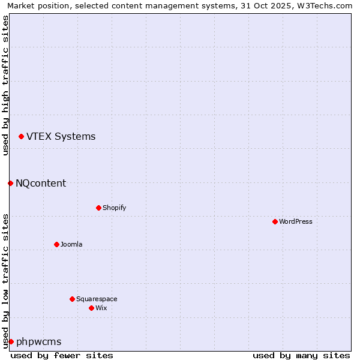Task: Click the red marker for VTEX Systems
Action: [21, 137]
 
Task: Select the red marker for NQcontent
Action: [10, 183]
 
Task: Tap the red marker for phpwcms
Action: [11, 341]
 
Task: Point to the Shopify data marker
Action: [98, 208]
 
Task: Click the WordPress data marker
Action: [275, 221]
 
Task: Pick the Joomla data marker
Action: [56, 244]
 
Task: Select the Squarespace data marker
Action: [72, 299]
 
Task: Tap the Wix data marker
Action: [91, 308]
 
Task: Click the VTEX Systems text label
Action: [61, 136]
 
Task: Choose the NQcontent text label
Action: [41, 183]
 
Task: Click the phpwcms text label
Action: [38, 341]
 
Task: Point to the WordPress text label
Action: [296, 221]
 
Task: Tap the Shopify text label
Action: [114, 208]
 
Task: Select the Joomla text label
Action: [71, 244]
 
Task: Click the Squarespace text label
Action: [97, 299]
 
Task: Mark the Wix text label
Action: [101, 308]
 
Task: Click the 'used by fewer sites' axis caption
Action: [62, 355]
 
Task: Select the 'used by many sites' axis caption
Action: [301, 355]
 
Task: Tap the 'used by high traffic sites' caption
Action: [5, 85]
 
